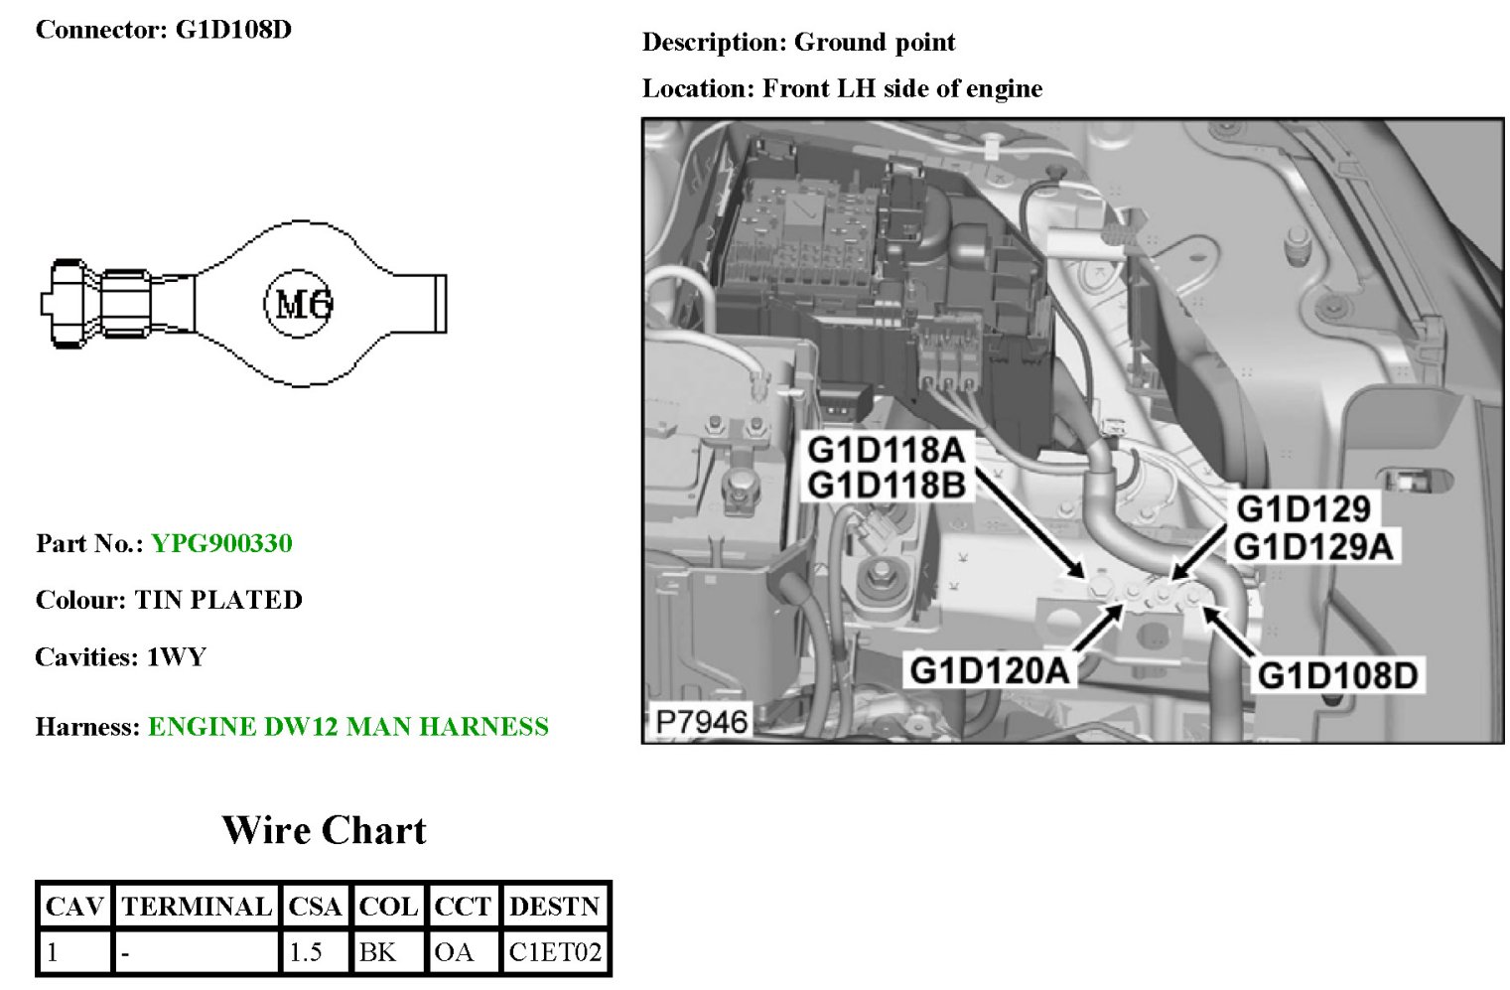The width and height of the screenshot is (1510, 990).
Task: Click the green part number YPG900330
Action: point(221,544)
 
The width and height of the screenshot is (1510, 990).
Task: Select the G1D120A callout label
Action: point(990,670)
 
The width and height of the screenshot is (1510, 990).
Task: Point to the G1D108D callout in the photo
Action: point(1337,675)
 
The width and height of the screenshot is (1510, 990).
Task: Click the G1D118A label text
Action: point(886,450)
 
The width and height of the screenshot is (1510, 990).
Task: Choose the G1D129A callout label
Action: point(1312,546)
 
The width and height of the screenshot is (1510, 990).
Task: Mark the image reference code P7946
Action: point(702,721)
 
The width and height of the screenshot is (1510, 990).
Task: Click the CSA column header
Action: point(315,907)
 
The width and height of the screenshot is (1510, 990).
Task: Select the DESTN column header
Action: point(554,907)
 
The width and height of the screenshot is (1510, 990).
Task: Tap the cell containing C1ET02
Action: point(555,952)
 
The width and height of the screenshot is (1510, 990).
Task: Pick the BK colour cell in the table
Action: point(377,952)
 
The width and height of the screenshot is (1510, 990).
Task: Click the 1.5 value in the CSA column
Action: point(305,952)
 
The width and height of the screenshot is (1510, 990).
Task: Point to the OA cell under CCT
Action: point(454,952)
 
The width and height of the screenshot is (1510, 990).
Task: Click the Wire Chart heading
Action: point(324,830)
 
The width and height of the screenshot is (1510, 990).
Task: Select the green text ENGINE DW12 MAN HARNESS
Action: point(347,727)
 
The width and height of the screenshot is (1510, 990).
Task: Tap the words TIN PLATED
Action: point(218,601)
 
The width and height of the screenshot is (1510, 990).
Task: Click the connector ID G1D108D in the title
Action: point(233,30)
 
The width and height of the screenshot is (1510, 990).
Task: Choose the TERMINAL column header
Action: point(196,907)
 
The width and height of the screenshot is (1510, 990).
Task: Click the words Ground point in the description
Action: point(875,43)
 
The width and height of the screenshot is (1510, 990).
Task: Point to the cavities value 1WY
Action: point(176,657)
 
